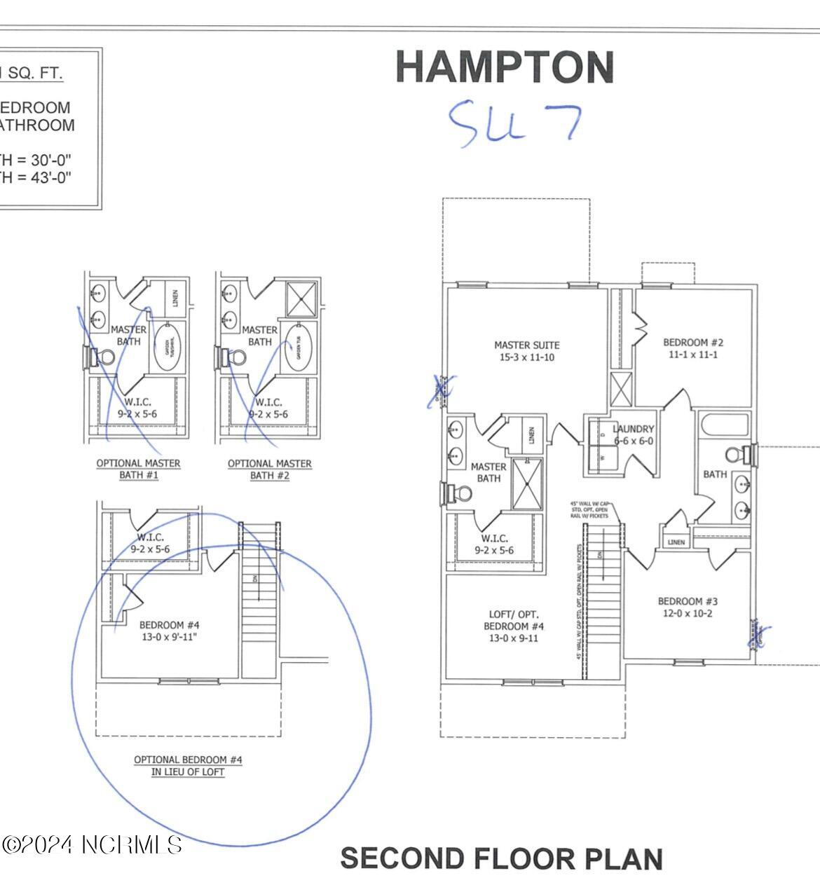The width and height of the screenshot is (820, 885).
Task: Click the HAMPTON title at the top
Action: pos(505,67)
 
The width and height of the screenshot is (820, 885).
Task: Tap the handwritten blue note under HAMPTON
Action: pos(514,122)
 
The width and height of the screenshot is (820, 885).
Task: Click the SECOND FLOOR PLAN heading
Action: pos(501,858)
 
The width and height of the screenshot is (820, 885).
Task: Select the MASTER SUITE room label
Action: pos(527,351)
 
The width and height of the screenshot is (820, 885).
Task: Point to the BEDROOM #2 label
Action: pos(692,348)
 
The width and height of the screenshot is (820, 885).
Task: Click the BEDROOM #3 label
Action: pos(688,607)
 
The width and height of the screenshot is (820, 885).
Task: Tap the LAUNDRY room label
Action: pos(633,434)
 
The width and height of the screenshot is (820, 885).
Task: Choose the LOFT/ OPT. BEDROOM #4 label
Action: pos(513,626)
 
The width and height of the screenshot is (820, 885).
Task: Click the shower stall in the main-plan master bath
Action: pos(526,484)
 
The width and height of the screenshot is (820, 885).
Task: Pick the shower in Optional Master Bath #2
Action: pos(301,299)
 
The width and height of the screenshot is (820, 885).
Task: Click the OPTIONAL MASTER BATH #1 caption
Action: pos(138,469)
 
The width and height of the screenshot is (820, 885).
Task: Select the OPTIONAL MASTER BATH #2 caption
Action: pos(269,469)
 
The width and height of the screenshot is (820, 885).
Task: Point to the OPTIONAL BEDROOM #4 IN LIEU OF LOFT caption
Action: pos(188,765)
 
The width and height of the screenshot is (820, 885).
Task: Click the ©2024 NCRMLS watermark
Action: pos(93,845)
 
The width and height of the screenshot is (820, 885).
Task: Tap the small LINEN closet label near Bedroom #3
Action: pos(676,542)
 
